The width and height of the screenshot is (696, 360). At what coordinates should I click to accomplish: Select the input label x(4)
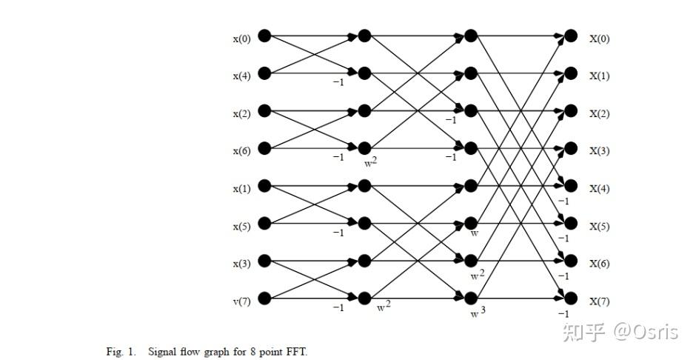242,76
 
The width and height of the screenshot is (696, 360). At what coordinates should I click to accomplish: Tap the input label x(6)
242,150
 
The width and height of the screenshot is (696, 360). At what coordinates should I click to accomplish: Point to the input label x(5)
242,226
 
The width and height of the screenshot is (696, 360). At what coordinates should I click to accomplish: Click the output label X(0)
599,39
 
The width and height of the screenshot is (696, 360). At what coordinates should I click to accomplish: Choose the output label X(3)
599,150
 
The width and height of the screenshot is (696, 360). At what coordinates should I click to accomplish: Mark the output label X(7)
599,301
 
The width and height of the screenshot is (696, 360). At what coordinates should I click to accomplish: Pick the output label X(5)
599,226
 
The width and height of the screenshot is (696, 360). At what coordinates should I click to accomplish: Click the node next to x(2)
264,111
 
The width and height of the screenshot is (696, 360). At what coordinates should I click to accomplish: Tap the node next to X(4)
570,185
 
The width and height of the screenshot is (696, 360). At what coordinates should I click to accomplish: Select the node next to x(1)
264,185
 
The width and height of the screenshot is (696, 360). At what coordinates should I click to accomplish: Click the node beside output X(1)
570,73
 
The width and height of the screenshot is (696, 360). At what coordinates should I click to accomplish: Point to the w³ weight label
478,313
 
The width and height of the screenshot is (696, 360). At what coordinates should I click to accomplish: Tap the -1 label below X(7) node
563,313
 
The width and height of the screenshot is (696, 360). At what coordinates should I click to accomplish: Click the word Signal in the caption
162,351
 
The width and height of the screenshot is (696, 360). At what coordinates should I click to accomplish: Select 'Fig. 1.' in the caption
121,351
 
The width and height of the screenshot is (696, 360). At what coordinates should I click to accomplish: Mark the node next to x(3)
264,261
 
